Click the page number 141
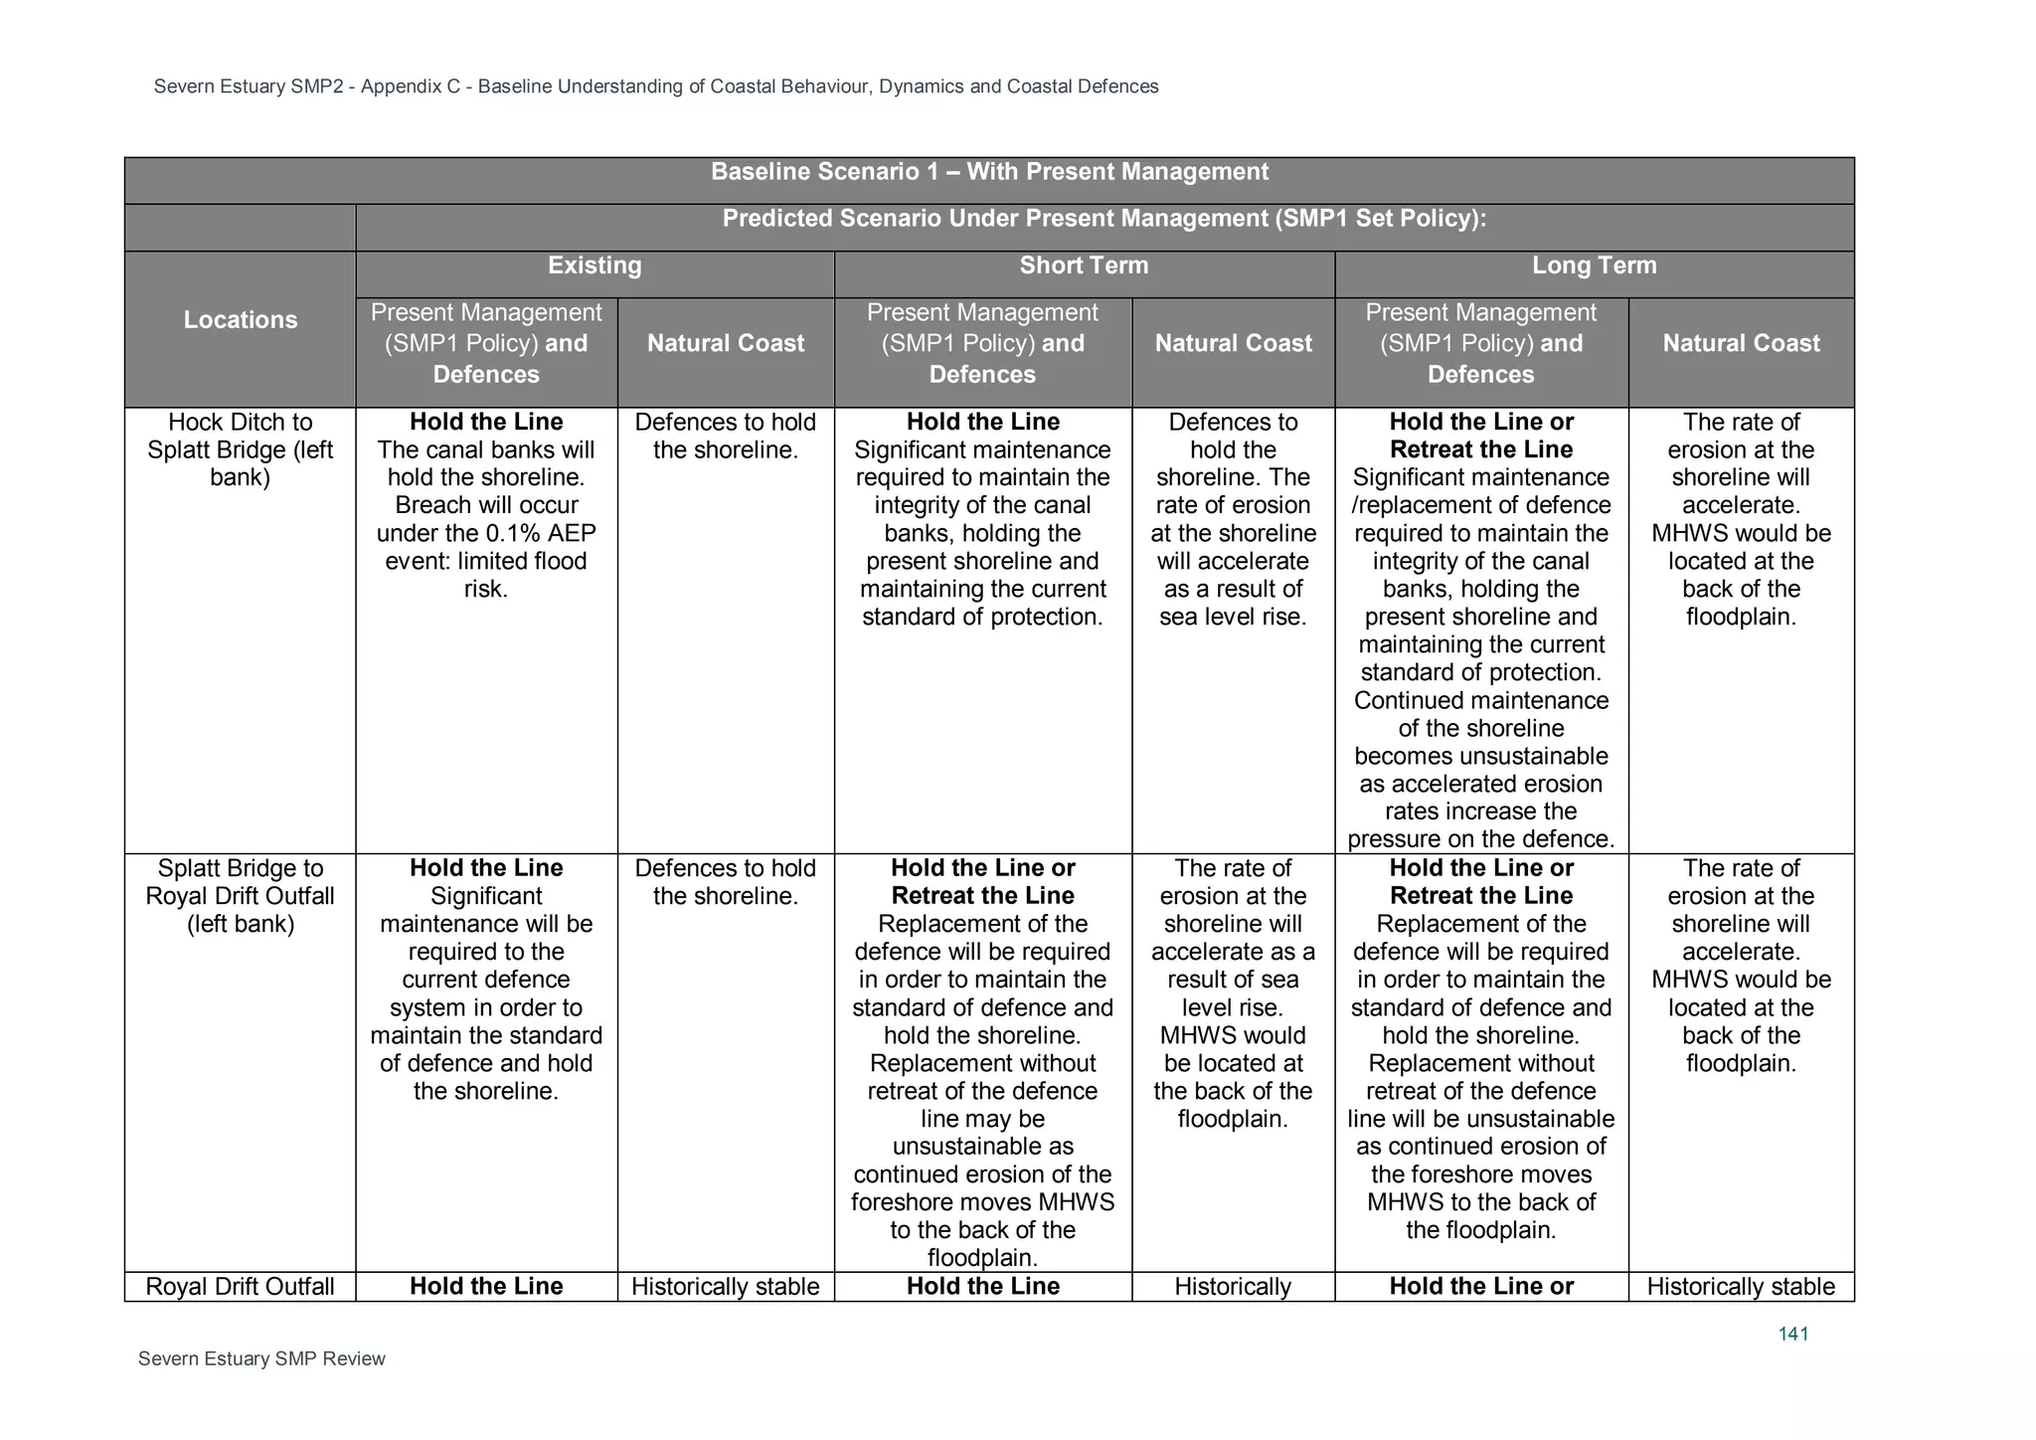tap(1792, 1334)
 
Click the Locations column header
tap(240, 320)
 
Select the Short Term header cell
tap(1083, 266)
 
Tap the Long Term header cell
tap(1594, 266)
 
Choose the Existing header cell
tap(594, 266)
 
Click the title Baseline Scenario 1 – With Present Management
tap(989, 172)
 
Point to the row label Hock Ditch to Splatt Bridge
tap(240, 450)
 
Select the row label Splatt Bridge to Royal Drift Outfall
tap(240, 895)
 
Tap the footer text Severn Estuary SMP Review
tap(261, 1358)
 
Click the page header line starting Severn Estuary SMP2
tap(656, 87)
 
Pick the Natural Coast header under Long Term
tap(1741, 343)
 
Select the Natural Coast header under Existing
tap(726, 343)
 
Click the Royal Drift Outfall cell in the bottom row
tap(240, 1286)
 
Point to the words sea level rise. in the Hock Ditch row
tap(1233, 617)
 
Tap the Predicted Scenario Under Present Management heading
tap(1103, 219)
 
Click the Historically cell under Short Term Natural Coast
tap(1233, 1286)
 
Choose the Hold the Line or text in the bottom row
tap(1481, 1286)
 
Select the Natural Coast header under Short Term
tap(1233, 343)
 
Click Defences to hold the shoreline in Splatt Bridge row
tap(726, 882)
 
